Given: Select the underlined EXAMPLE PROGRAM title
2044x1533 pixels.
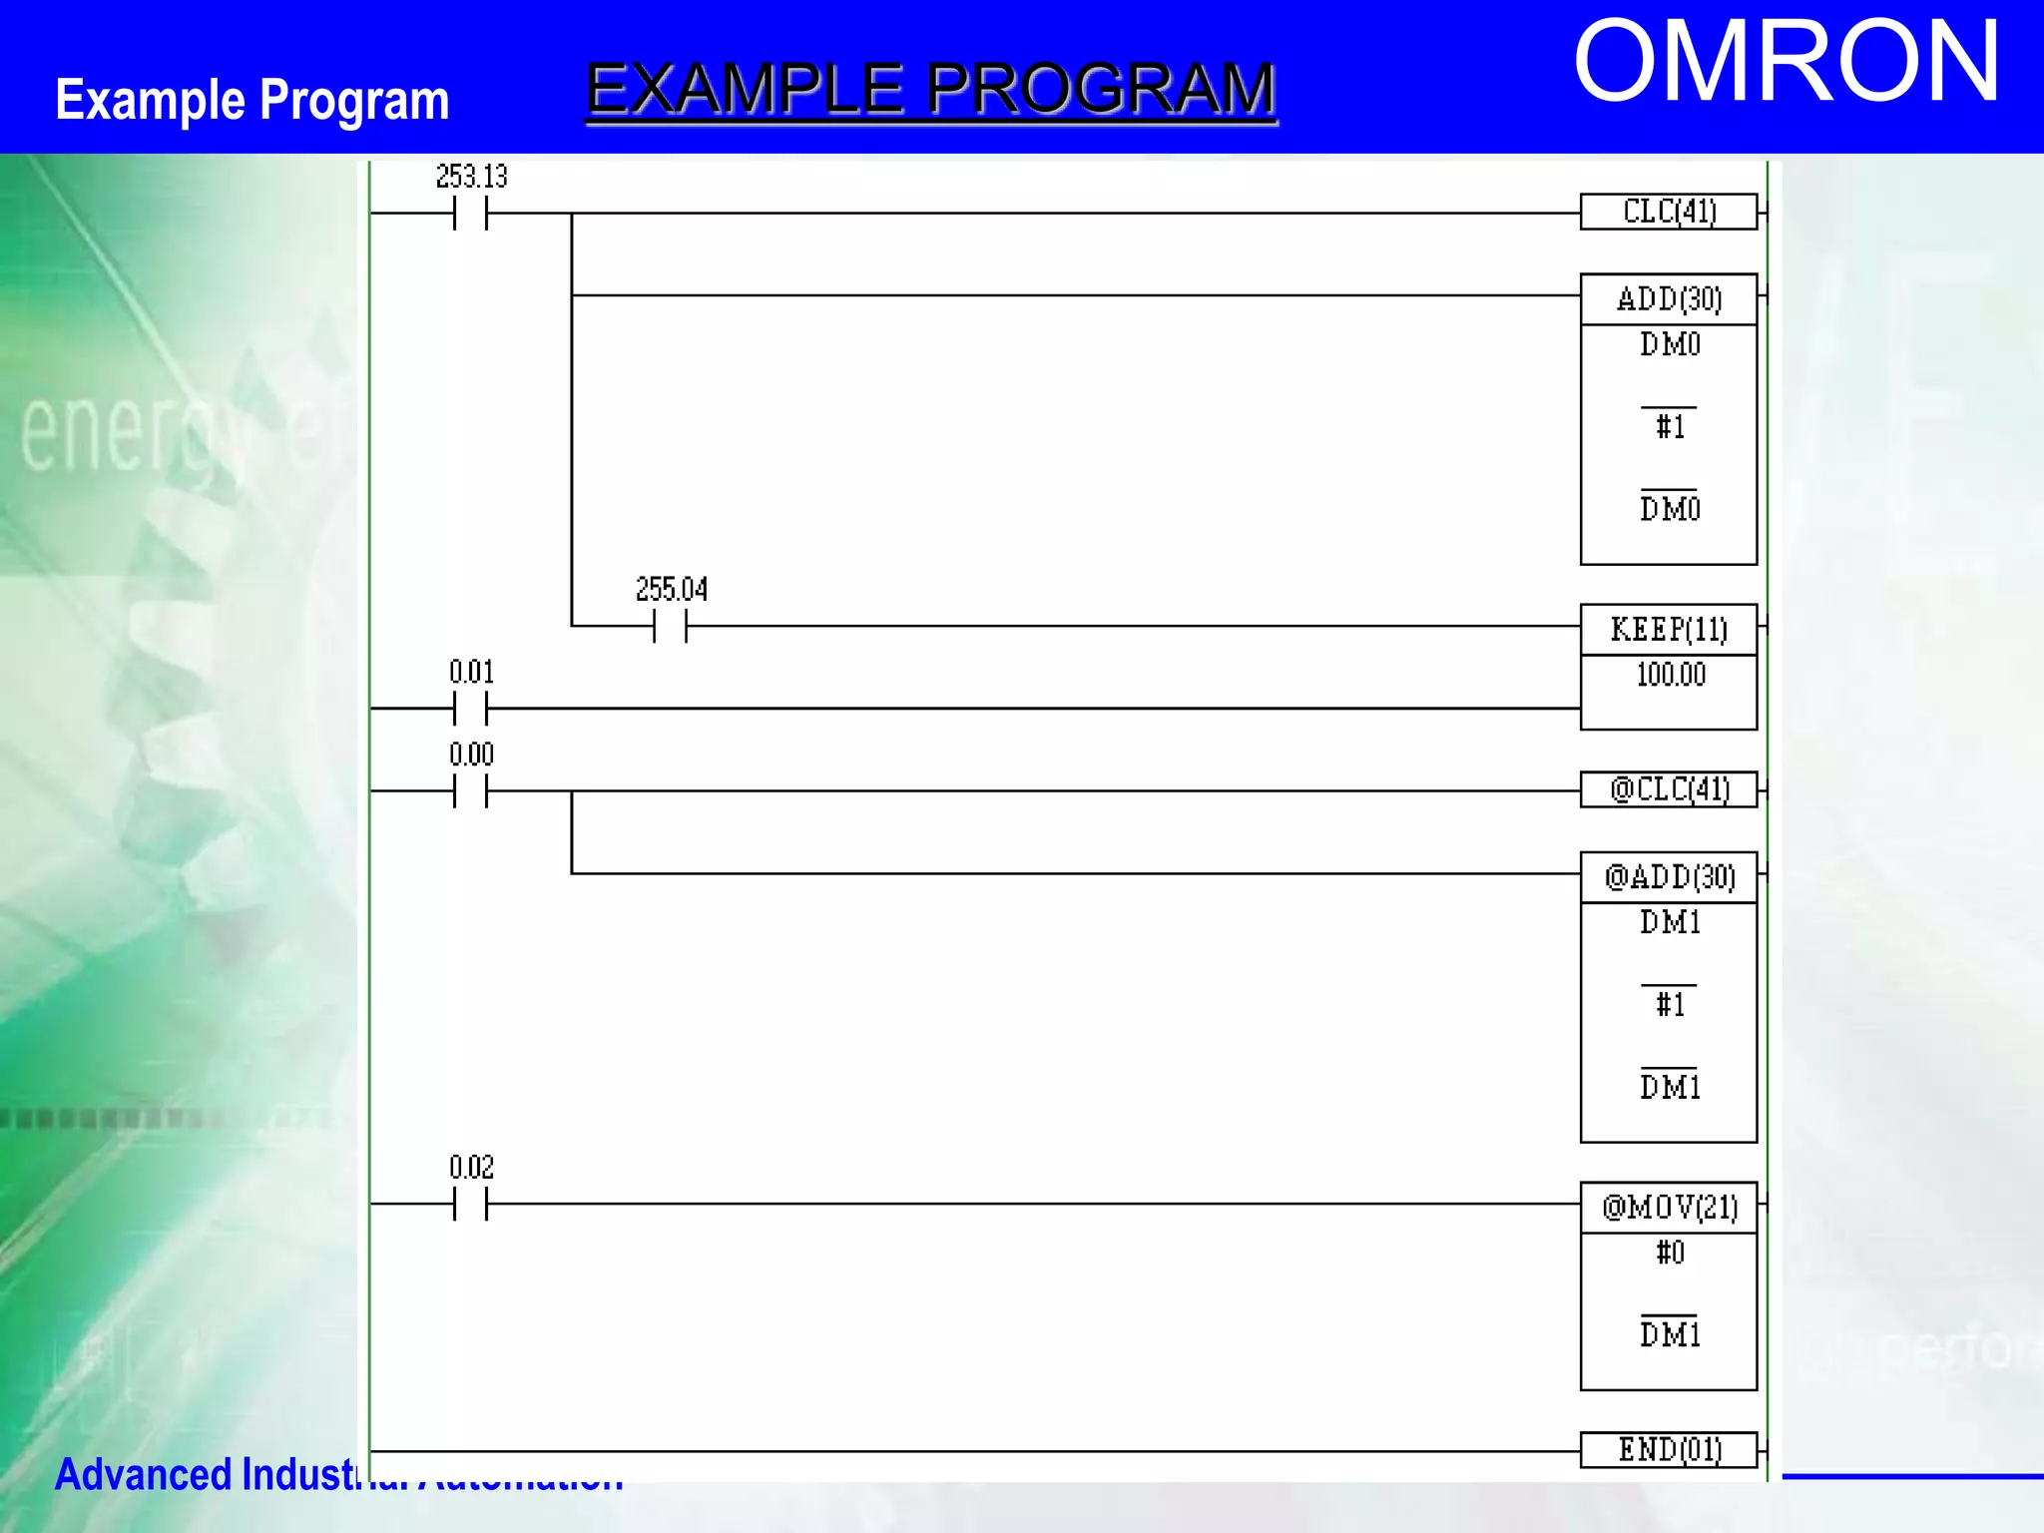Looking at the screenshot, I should (930, 90).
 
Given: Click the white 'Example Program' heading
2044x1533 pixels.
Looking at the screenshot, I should (253, 100).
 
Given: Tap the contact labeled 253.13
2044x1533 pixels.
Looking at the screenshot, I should (470, 213).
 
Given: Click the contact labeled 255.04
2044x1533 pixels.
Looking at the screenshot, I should (671, 626).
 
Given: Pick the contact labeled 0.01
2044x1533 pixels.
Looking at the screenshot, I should (470, 708).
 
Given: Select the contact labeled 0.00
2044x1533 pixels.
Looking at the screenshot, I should (470, 790).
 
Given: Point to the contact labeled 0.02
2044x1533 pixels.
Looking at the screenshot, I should (470, 1204).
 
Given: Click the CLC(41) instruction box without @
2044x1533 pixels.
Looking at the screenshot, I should (1669, 212).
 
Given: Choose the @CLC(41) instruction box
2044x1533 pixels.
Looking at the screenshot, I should (1669, 789).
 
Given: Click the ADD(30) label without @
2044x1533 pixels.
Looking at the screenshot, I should (1669, 299).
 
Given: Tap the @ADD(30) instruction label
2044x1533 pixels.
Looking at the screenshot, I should (1669, 877).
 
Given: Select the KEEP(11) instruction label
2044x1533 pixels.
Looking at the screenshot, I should (1669, 630).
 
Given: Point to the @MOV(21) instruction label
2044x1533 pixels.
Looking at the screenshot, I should (1669, 1208).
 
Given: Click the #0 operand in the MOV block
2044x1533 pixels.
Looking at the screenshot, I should (1670, 1253).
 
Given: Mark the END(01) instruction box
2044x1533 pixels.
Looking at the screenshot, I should (1669, 1449).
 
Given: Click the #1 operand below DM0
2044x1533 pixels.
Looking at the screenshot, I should (1670, 427).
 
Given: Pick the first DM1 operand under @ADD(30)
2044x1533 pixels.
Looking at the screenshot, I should (1670, 922).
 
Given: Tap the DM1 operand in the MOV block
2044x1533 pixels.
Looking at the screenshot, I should (1670, 1334).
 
